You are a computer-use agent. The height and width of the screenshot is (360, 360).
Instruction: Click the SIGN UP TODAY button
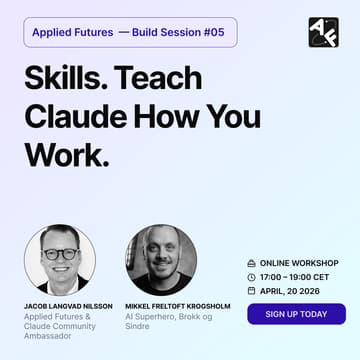pos(296,314)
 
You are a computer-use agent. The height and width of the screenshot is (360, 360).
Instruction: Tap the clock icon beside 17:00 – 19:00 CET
pos(251,276)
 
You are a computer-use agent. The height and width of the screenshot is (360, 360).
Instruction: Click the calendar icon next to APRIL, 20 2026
pos(251,290)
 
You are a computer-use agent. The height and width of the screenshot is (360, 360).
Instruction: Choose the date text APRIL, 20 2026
pos(291,290)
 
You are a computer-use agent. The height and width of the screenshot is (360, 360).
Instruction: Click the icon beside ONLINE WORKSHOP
pos(251,262)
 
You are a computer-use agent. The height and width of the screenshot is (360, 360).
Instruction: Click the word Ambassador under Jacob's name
pos(46,338)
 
